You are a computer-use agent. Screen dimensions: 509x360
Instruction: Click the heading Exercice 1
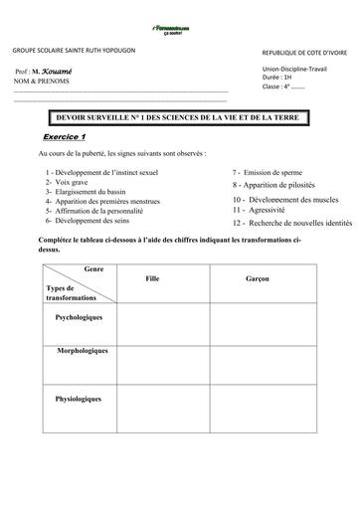point(67,136)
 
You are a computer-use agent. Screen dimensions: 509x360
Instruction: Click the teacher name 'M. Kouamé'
point(56,74)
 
